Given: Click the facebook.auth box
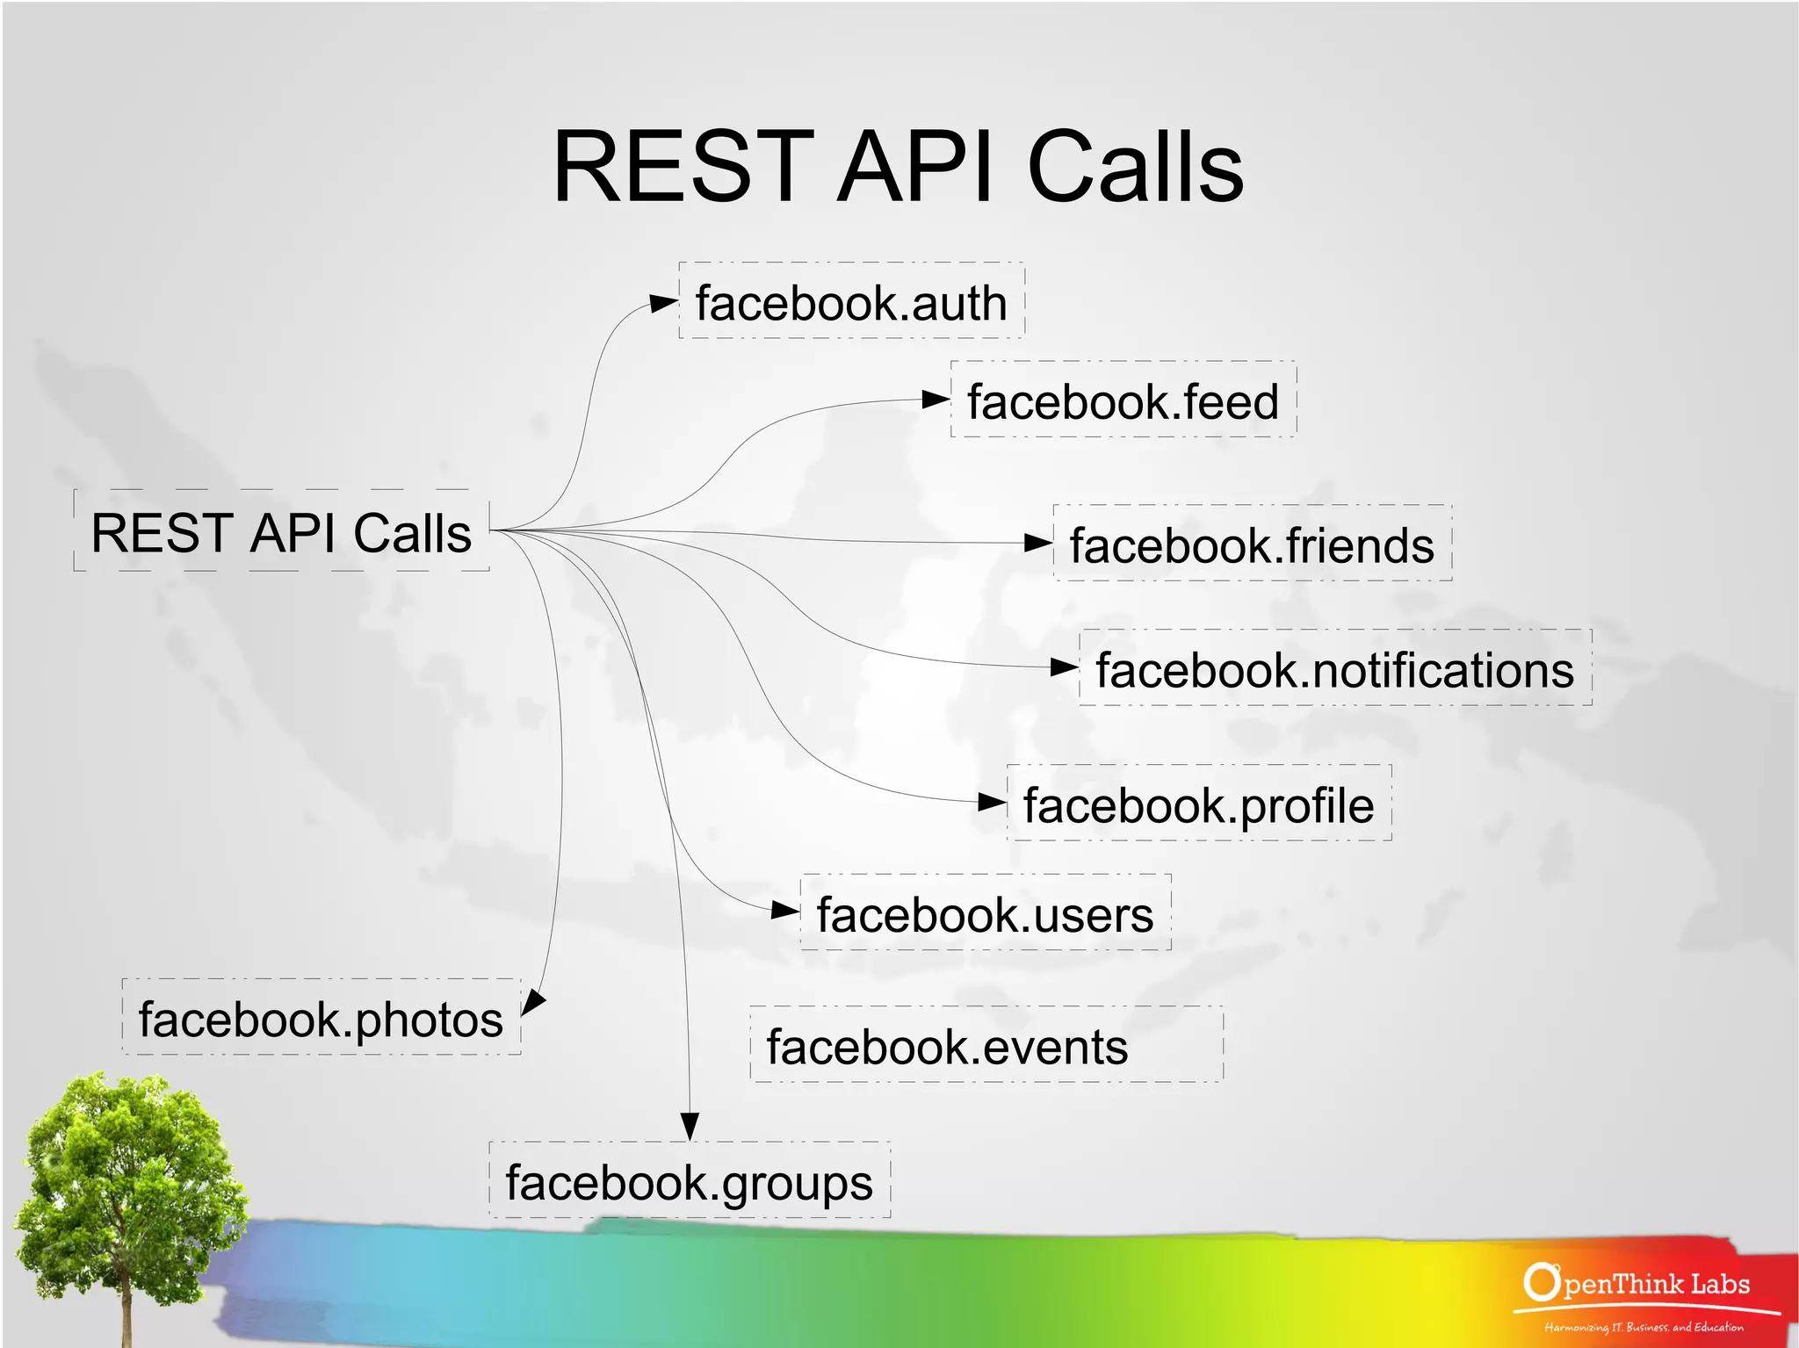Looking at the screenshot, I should [x=851, y=301].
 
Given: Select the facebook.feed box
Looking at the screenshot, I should [x=1123, y=400].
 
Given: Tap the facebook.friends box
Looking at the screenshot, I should [x=1252, y=544].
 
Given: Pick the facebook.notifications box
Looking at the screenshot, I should [x=1334, y=668].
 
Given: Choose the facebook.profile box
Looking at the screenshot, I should [x=1198, y=804].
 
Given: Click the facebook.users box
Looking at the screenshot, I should [x=985, y=913].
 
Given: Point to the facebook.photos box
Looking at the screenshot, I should [x=321, y=1018].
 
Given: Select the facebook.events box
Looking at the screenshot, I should [x=986, y=1045].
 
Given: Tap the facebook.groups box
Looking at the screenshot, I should [x=689, y=1180].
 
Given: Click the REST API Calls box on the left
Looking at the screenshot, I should [x=281, y=531].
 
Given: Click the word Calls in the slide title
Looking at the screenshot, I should [x=1135, y=167].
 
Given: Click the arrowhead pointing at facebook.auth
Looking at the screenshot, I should [x=663, y=304].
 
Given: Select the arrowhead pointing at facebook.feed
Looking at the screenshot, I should [x=936, y=400].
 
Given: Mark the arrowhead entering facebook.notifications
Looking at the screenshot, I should [x=1064, y=667].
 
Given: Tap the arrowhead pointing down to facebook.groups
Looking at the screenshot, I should [x=690, y=1127].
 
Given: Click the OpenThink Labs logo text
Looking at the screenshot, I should [x=1639, y=1284].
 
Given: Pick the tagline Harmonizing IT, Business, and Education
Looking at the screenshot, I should [x=1644, y=1327].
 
